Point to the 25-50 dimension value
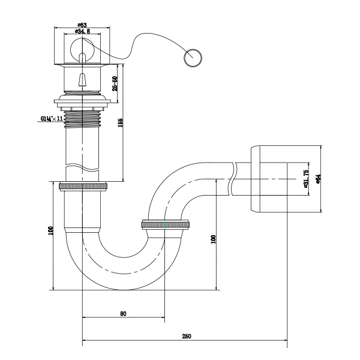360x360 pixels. [114, 83]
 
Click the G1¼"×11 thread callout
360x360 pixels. [52, 119]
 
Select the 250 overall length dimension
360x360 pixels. [186, 337]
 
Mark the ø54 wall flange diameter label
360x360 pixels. [318, 178]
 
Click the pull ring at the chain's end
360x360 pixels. [193, 58]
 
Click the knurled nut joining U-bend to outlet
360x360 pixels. [165, 226]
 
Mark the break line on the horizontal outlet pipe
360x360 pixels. [233, 178]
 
